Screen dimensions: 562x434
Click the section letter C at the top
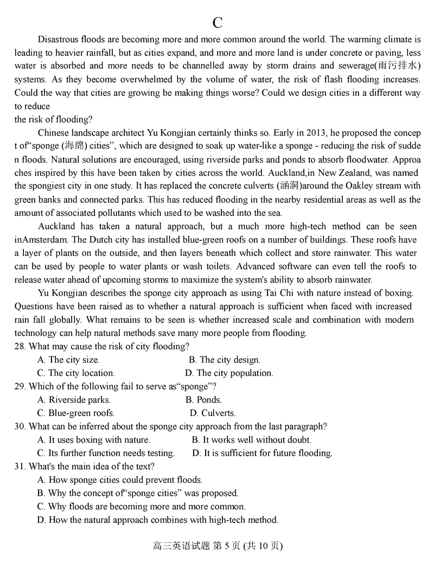pyautogui.click(x=218, y=23)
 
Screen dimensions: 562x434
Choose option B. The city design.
pyautogui.click(x=224, y=360)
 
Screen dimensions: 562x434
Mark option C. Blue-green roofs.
pyautogui.click(x=76, y=413)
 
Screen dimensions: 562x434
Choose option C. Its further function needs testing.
pyautogui.click(x=106, y=453)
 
